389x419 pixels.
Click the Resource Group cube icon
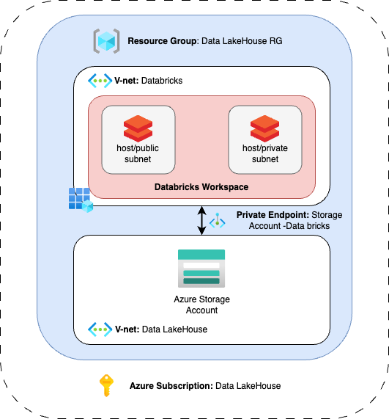106,41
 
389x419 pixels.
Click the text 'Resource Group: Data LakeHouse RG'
204,42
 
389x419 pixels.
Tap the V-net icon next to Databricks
100,80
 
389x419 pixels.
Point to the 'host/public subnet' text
138,153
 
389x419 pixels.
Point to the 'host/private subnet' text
264,153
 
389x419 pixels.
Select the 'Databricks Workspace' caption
201,187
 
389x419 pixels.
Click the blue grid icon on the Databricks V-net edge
80,200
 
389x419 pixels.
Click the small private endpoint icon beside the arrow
218,221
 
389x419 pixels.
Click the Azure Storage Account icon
201,268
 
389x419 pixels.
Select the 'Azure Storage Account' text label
201,305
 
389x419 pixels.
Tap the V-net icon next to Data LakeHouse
100,329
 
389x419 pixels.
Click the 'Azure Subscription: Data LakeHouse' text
205,385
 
